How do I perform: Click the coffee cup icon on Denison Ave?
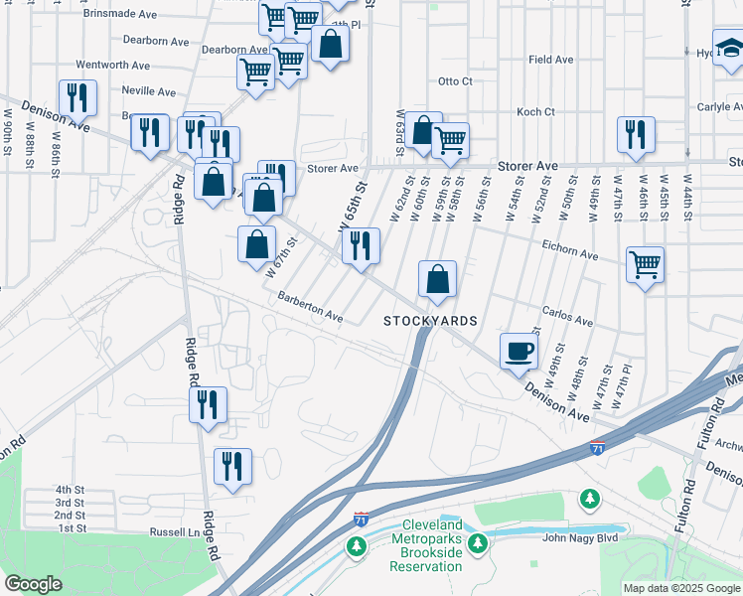click(520, 351)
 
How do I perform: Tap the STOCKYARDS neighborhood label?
click(431, 321)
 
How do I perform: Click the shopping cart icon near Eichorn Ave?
click(646, 265)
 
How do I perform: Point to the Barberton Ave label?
click(310, 307)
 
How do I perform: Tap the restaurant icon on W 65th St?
click(361, 245)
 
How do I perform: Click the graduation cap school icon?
click(730, 47)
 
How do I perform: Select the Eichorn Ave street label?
click(570, 248)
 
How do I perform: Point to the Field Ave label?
click(551, 60)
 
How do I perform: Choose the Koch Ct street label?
click(535, 112)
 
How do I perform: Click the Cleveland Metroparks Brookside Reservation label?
click(432, 545)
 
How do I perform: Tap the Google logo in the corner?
click(33, 584)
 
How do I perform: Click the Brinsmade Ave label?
click(120, 15)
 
